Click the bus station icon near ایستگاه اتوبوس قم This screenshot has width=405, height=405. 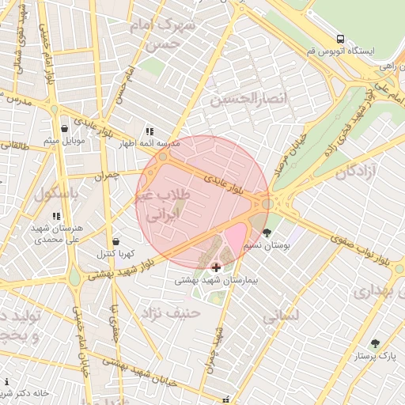coord(340,38)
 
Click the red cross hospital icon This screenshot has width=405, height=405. coord(217,267)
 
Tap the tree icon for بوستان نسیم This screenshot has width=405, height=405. coord(267,233)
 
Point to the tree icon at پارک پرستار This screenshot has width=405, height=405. coord(375,343)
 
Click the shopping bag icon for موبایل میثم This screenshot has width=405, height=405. coord(65,128)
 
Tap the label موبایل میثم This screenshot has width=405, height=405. coord(63,141)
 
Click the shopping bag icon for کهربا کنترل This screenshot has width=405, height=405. coord(116,241)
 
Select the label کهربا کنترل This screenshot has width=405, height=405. coord(115,254)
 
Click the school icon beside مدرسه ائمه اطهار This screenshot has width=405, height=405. coord(148,132)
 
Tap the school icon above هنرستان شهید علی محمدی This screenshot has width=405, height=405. coord(55,215)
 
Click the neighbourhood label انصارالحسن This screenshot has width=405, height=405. coord(238,99)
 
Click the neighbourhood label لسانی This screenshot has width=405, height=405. coord(281,315)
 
